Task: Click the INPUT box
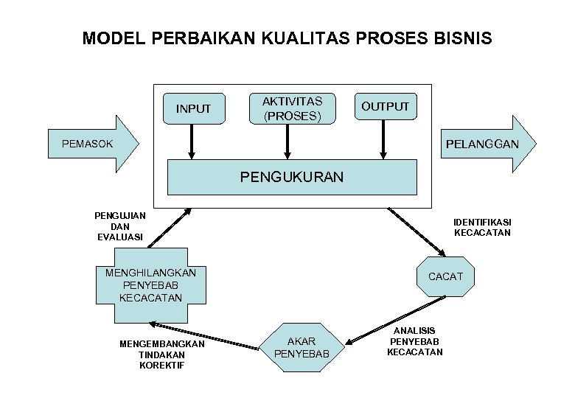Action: [x=193, y=109]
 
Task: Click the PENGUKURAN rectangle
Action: [x=293, y=177]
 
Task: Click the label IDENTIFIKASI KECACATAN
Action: [x=483, y=227]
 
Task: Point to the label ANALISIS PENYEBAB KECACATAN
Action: [x=415, y=341]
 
